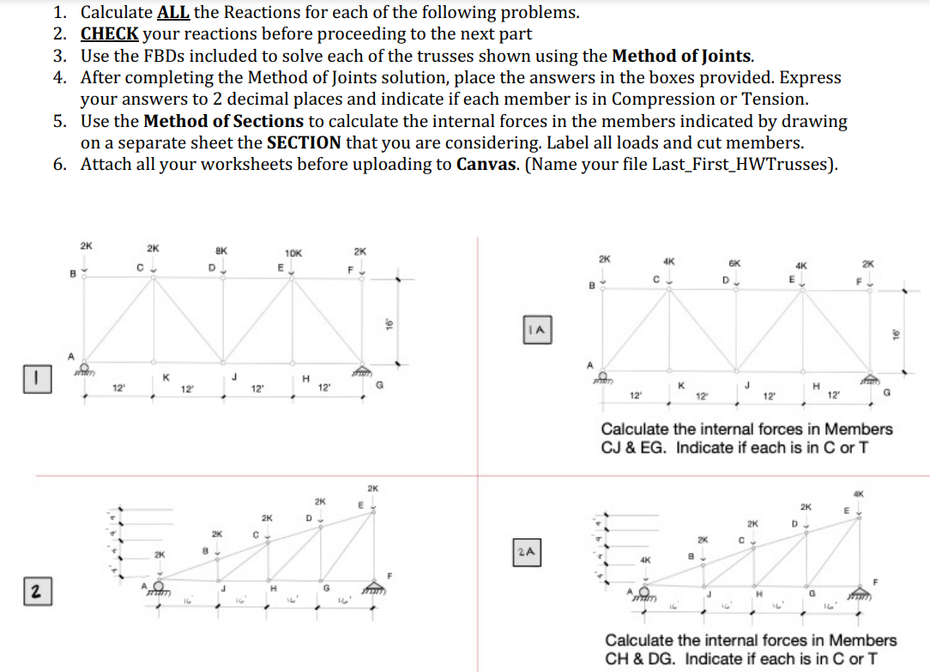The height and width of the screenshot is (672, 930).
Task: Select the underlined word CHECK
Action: point(109,34)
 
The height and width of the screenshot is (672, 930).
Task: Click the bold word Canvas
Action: point(486,164)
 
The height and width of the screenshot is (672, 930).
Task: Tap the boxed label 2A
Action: point(528,549)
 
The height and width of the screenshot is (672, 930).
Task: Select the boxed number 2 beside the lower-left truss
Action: point(35,590)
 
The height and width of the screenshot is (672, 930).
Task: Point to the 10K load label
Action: point(293,253)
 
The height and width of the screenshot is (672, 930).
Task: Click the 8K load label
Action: point(221,251)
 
